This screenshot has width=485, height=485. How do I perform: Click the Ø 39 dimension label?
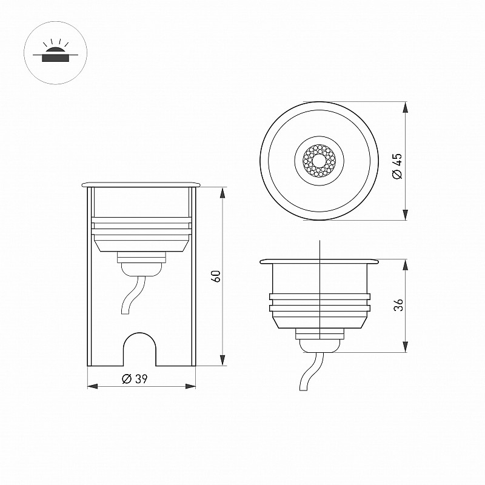click(x=135, y=378)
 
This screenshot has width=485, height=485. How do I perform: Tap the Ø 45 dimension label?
click(x=397, y=166)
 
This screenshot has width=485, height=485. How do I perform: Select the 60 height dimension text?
click(x=216, y=276)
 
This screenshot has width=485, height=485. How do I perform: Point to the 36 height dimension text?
click(x=398, y=305)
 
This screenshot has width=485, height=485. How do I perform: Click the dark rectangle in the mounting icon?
click(x=56, y=58)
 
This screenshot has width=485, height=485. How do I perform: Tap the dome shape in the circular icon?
click(x=56, y=50)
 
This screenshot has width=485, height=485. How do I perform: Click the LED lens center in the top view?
click(x=319, y=161)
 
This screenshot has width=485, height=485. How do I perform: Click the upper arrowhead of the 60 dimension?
click(x=222, y=193)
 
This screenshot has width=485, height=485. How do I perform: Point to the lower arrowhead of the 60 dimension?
click(x=222, y=360)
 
